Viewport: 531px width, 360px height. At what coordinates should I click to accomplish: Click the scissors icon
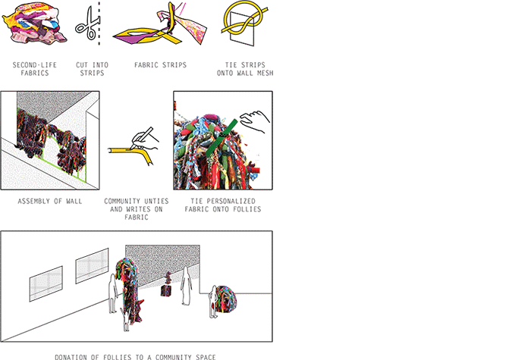[x=87, y=24]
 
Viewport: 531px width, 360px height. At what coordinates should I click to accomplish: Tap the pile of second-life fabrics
[x=34, y=24]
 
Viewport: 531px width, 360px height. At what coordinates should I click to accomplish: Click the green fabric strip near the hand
[x=221, y=138]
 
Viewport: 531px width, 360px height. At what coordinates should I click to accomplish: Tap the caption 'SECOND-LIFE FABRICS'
[x=35, y=69]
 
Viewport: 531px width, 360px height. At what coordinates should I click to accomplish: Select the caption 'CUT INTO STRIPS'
[x=92, y=69]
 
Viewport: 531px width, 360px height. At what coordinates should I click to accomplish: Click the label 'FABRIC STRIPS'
[x=160, y=65]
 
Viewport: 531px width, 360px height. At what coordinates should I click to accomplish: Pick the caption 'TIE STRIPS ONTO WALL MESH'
[x=245, y=69]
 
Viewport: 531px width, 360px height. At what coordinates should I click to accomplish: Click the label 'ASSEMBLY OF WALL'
[x=50, y=202]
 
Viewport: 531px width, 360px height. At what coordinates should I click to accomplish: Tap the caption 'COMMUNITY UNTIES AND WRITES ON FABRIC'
[x=136, y=209]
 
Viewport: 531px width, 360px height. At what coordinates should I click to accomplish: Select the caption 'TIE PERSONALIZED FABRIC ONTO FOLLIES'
[x=223, y=205]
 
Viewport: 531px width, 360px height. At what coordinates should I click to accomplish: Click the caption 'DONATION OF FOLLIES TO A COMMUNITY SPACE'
[x=135, y=357]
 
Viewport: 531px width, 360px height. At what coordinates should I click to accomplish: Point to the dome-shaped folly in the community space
[x=225, y=300]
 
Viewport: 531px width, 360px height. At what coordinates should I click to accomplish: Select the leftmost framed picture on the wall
[x=46, y=283]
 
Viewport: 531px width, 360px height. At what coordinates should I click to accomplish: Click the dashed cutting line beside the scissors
[x=99, y=23]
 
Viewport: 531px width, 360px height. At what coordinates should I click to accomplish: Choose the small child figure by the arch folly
[x=126, y=320]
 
